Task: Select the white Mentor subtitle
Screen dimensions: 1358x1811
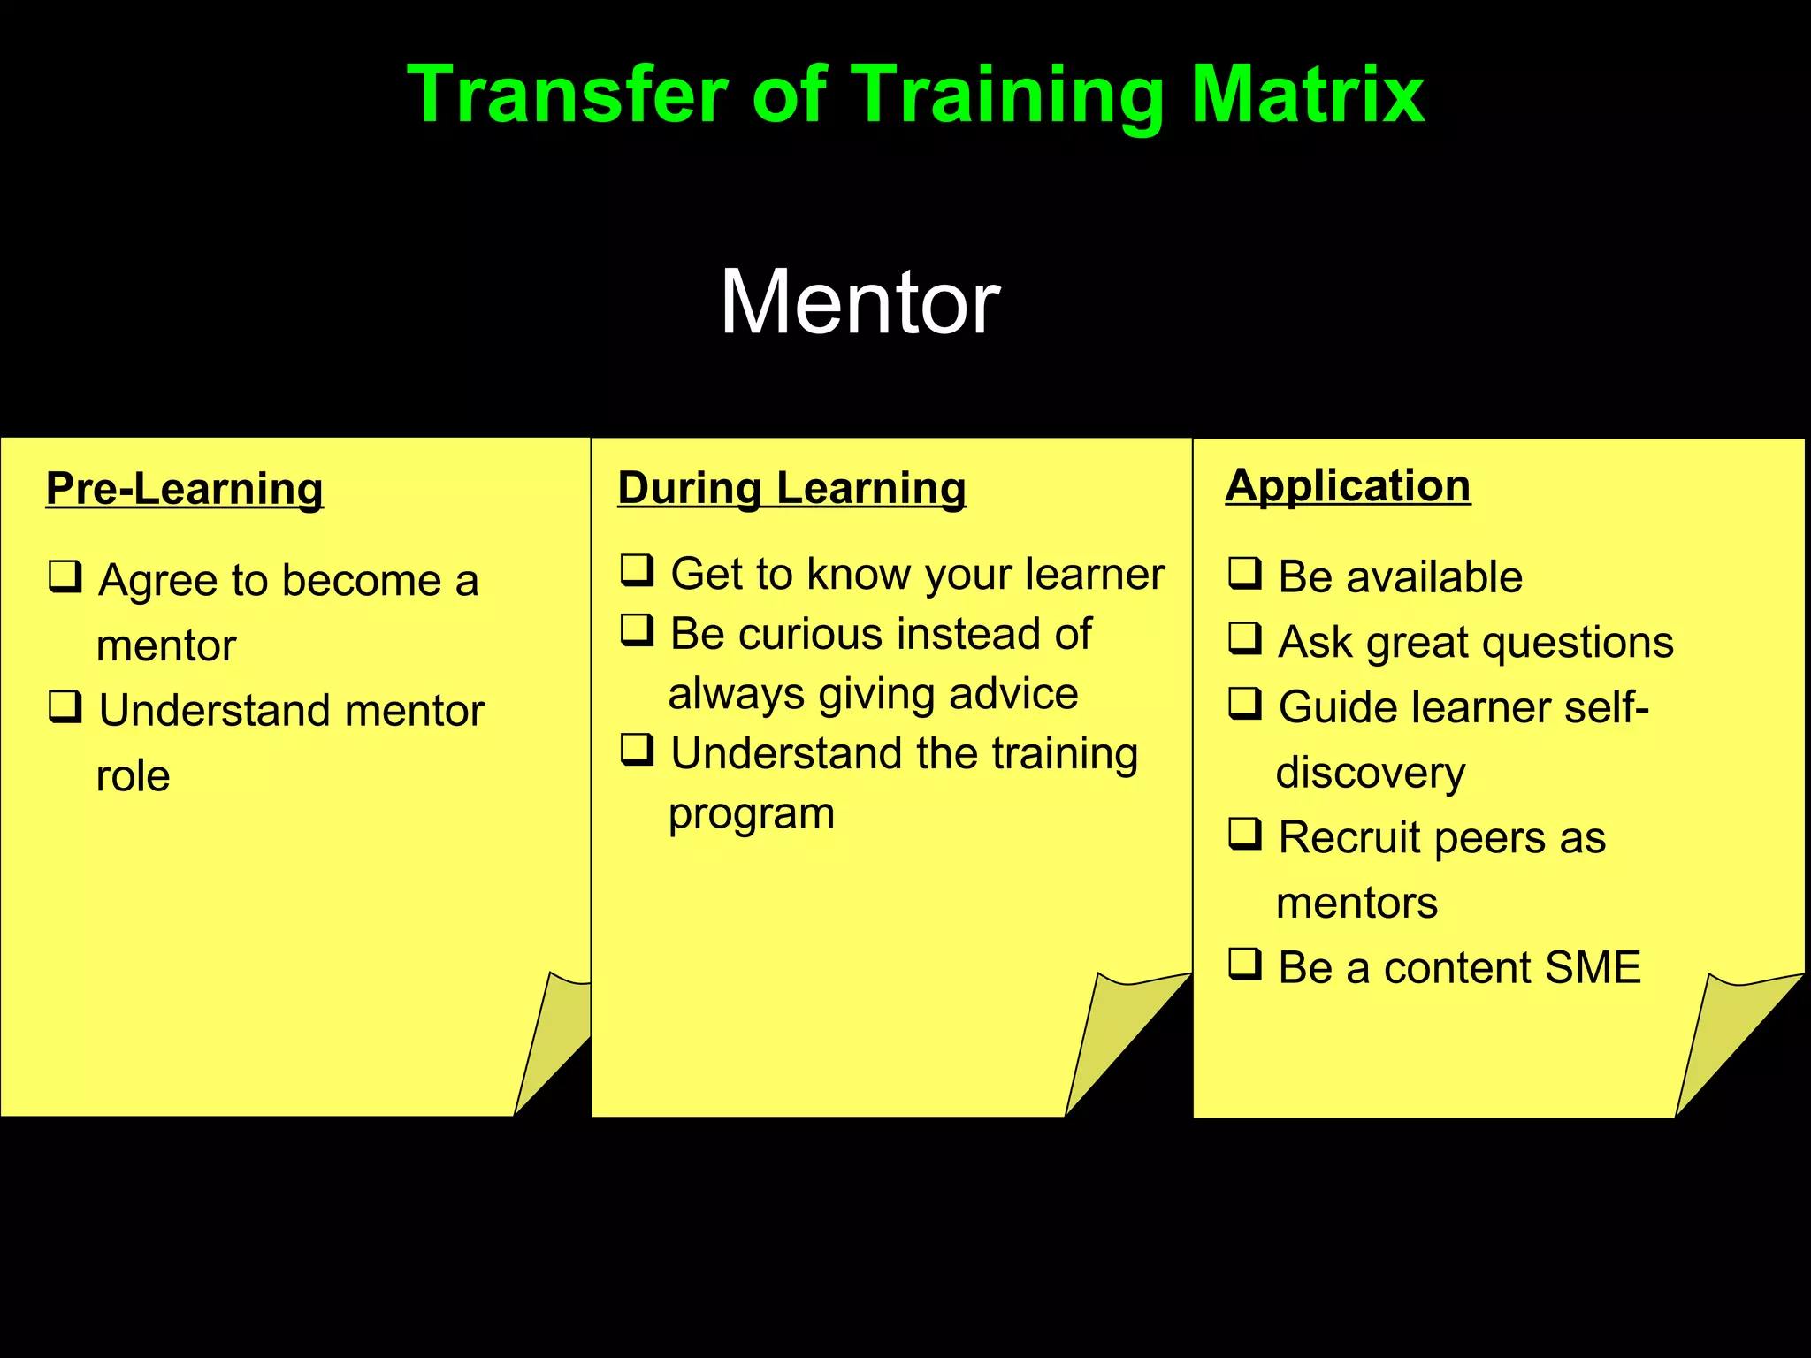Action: pos(860,302)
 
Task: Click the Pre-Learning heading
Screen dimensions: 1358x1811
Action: pos(185,489)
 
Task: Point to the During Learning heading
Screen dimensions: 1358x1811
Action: pos(791,488)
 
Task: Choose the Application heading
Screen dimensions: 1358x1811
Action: pos(1348,485)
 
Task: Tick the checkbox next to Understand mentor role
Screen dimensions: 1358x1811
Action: pos(65,706)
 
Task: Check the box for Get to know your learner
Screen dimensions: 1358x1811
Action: pos(637,570)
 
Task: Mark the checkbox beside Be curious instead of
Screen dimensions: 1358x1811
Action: pos(637,630)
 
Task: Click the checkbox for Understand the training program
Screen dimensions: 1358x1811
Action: pos(637,750)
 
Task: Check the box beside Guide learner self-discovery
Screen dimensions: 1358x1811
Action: pos(1245,704)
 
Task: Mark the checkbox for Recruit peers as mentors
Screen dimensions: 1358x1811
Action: pos(1245,834)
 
